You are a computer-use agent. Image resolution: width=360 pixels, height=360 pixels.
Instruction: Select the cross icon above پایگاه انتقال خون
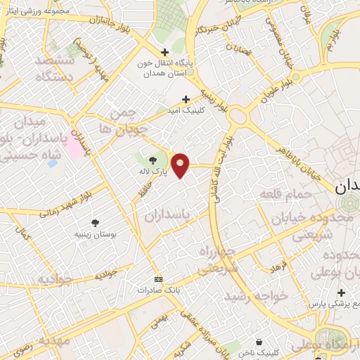165,52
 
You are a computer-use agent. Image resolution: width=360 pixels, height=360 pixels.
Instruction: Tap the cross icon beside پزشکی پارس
341,292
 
